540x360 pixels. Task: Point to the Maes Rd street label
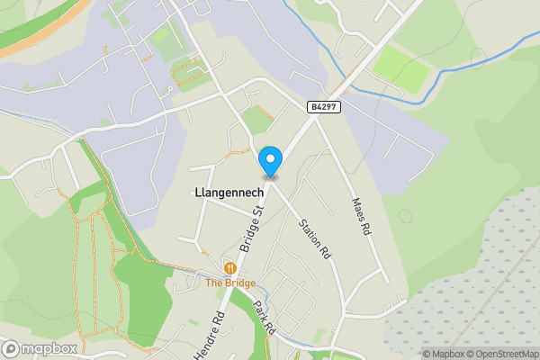coord(361,216)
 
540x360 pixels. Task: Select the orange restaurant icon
coord(230,267)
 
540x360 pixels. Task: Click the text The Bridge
coord(230,283)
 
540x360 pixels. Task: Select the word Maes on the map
coord(358,209)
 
